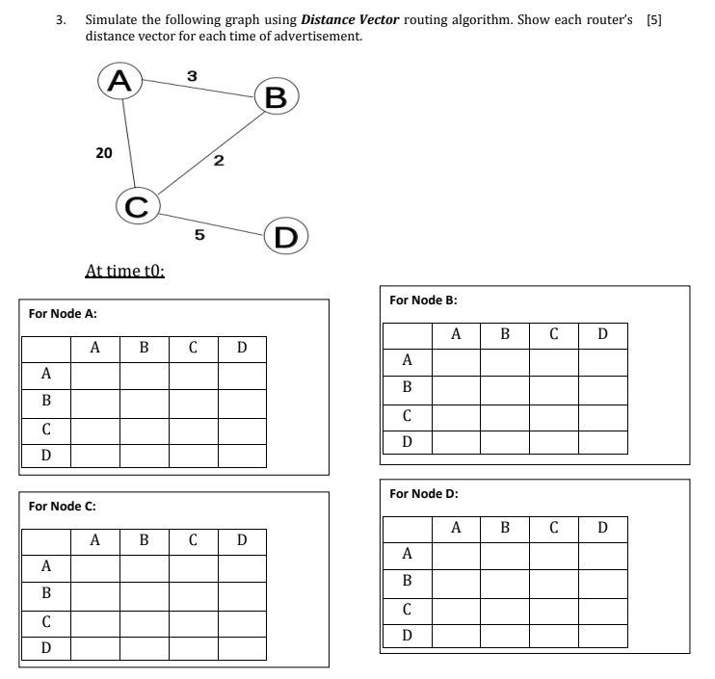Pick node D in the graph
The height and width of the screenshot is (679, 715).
click(286, 236)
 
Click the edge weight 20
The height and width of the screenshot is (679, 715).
click(104, 151)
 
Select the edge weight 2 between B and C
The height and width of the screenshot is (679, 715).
click(219, 159)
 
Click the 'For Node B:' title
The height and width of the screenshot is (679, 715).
click(423, 300)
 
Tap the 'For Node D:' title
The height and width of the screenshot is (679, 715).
click(423, 493)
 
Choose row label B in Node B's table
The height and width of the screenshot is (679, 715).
click(407, 387)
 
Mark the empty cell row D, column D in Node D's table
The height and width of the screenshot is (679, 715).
click(603, 636)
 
